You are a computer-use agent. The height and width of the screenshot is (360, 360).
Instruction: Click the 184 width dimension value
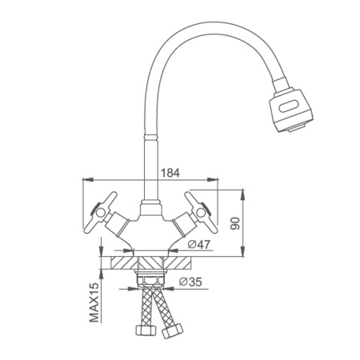coord(170,173)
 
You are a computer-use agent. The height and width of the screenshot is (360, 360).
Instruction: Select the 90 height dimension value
coord(235,223)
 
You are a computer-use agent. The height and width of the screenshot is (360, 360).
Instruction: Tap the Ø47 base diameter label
coord(198,244)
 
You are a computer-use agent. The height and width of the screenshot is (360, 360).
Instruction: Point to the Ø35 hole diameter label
coord(190,282)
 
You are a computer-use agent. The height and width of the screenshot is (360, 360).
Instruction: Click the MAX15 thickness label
coord(94,302)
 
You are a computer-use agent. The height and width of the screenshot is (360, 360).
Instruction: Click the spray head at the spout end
coord(291,110)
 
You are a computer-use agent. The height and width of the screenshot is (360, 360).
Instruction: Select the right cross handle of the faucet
coord(201,212)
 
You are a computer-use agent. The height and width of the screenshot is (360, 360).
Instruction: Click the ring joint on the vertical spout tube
coord(151,136)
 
